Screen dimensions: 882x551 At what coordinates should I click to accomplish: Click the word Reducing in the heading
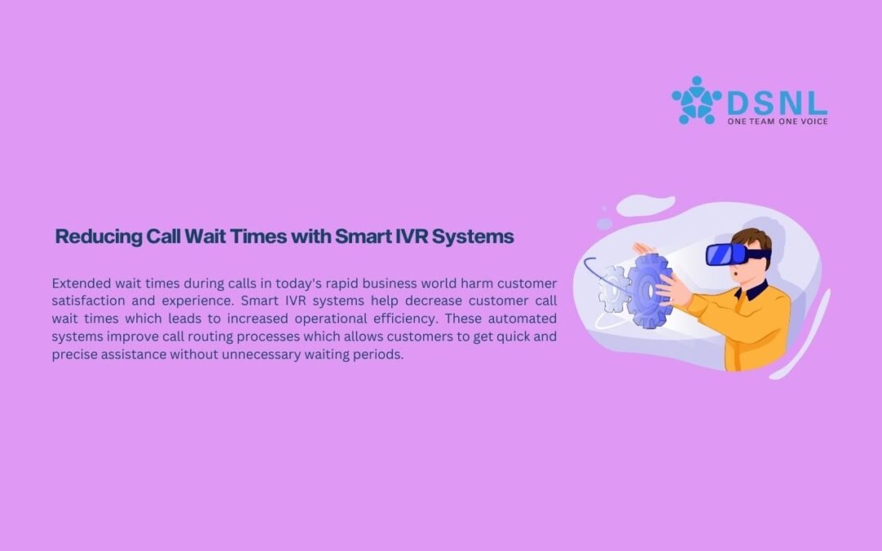click(99, 237)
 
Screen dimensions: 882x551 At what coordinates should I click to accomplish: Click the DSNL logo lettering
click(777, 104)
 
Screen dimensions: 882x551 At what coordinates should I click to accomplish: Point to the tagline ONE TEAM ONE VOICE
click(777, 122)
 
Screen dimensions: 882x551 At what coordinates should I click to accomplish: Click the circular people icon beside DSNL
click(697, 100)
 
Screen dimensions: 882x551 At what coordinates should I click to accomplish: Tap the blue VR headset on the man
click(734, 254)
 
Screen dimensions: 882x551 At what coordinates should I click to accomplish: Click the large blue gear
click(650, 291)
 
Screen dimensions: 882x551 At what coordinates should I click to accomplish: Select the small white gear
click(613, 289)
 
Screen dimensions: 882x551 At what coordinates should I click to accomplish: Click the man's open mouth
click(736, 273)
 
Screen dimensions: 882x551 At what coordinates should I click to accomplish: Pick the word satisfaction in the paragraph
click(88, 300)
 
